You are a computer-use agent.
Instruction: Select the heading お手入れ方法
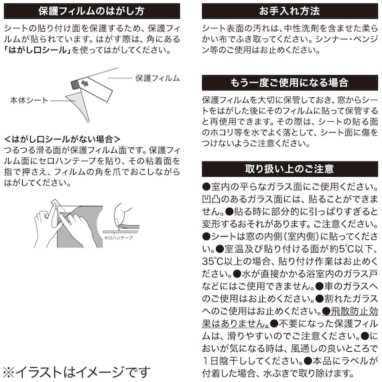(x=290, y=11)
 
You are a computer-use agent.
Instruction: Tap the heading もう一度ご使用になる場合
(x=290, y=82)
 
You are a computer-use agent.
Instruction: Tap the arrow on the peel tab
(x=85, y=84)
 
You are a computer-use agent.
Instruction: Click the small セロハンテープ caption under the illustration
(x=119, y=237)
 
